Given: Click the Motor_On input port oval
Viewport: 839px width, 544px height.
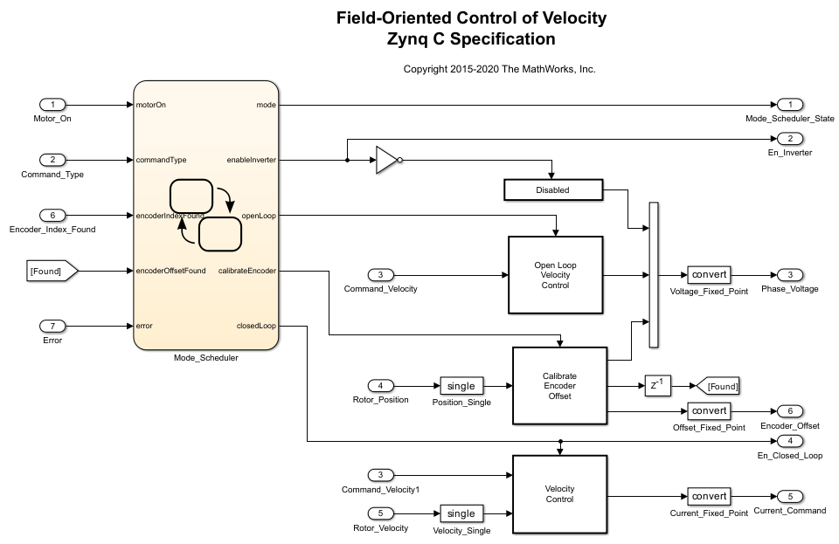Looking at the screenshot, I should point(52,105).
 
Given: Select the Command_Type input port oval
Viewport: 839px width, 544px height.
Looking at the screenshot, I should point(52,160).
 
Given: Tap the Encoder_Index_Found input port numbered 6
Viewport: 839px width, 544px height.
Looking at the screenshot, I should point(52,215).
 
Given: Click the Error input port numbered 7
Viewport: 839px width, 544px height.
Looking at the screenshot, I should point(52,326).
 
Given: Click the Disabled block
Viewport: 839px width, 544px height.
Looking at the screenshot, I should point(552,189).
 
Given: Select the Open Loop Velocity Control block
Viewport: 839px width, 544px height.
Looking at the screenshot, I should point(555,274).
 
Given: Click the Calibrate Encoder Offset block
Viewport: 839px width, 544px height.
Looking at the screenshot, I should point(558,385).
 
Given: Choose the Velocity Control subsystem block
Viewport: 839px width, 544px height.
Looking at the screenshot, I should point(558,493).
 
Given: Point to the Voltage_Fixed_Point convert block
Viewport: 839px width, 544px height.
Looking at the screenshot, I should point(709,274).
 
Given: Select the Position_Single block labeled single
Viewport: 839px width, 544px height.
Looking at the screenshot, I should point(461,386).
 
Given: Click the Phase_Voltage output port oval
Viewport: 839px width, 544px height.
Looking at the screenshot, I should point(789,274).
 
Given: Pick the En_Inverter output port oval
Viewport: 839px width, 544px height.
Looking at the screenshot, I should point(789,139).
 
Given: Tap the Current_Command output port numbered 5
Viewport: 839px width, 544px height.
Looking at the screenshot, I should point(789,496).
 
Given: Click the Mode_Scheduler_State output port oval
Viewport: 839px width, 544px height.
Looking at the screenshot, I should point(789,105).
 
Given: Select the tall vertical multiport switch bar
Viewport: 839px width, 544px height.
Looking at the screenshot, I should point(653,274).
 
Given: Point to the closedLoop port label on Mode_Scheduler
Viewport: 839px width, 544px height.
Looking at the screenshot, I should point(256,326).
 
